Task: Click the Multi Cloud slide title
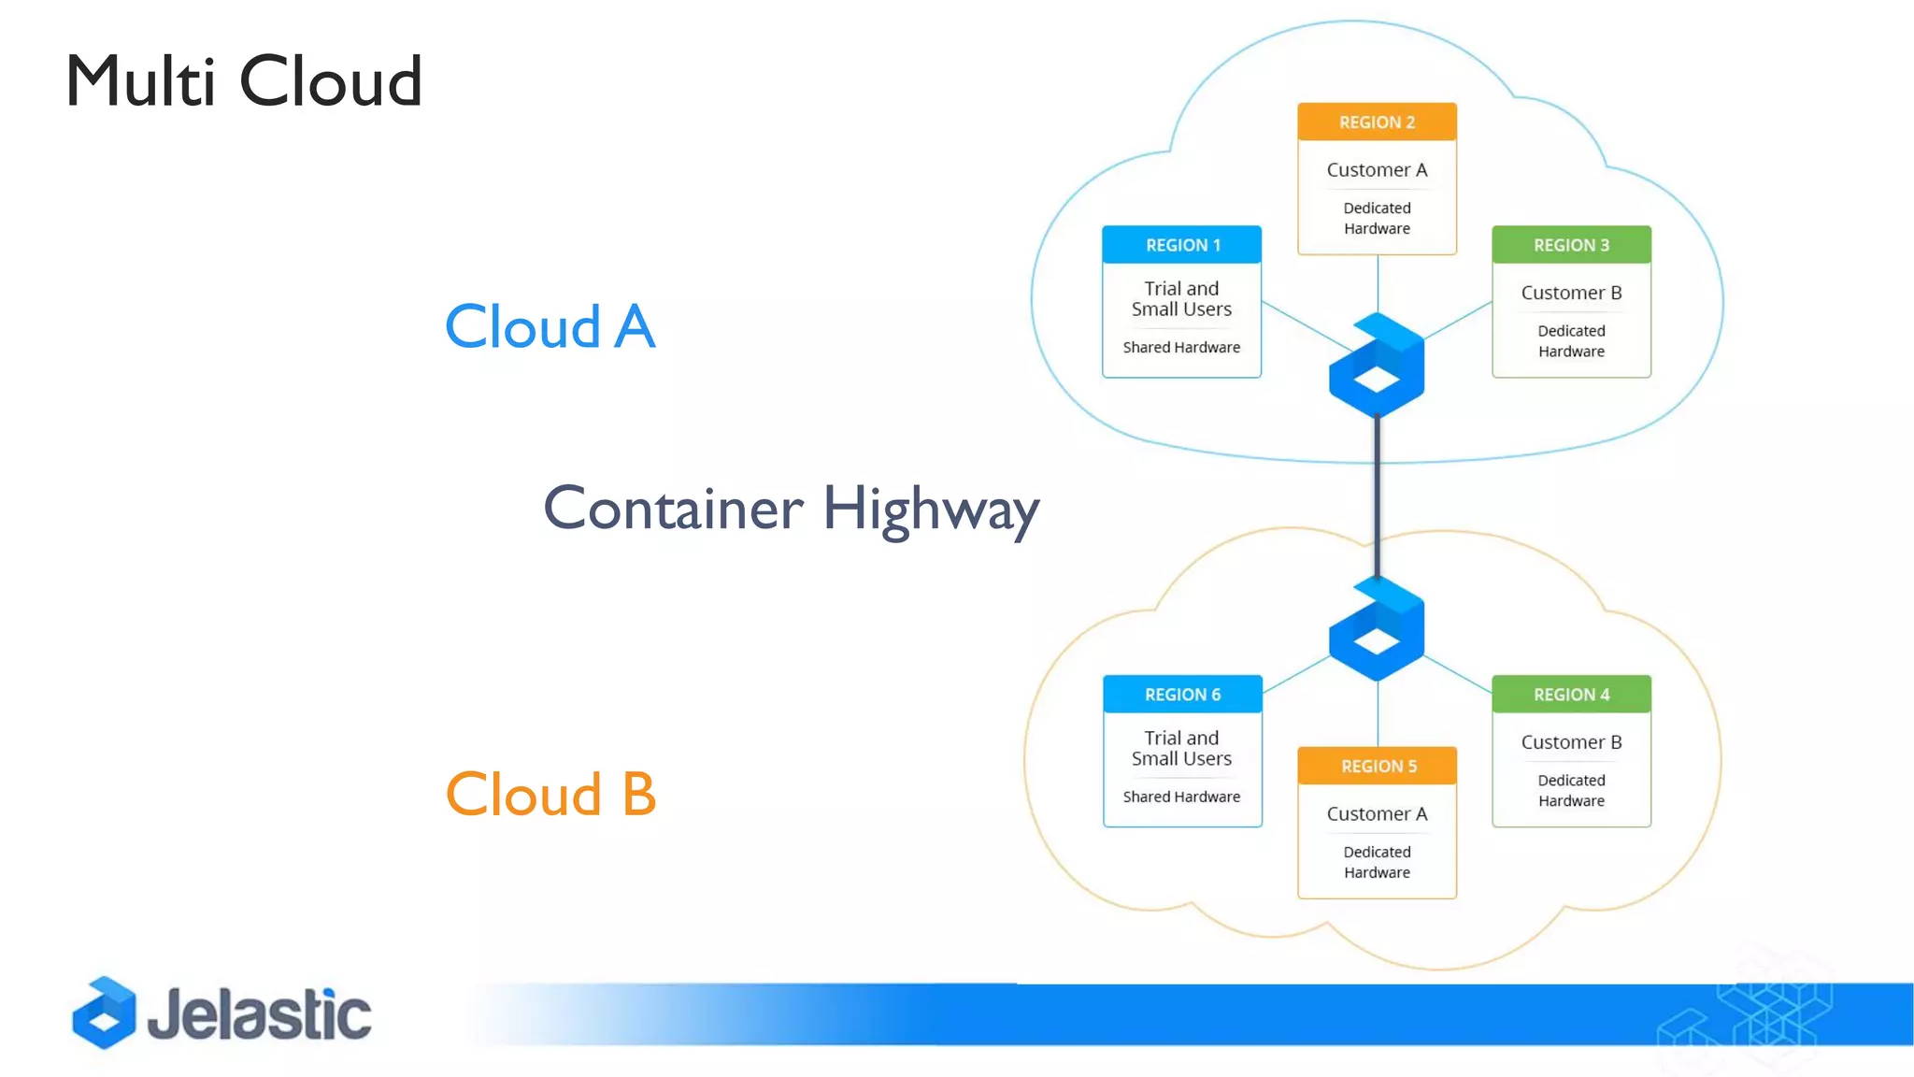tap(244, 81)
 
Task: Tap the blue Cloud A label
tap(550, 327)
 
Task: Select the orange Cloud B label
tap(550, 795)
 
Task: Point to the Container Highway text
tap(791, 509)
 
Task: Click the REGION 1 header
tap(1182, 245)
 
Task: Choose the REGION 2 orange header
tap(1377, 122)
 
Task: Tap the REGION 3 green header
tap(1571, 245)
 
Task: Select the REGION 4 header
tap(1571, 695)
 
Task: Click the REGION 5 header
tap(1378, 767)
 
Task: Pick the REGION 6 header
tap(1182, 695)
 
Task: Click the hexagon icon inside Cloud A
tap(1377, 366)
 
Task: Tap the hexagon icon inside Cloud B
tap(1377, 629)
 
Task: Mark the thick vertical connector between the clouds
tap(1377, 495)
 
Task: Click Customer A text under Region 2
tap(1377, 170)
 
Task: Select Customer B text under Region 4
tap(1571, 742)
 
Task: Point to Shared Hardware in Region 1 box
tap(1181, 348)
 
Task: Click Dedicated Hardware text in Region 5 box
tap(1377, 862)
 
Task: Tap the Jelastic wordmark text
tap(259, 1015)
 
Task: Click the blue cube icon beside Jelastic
tap(105, 1012)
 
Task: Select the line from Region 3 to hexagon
tap(1458, 320)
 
